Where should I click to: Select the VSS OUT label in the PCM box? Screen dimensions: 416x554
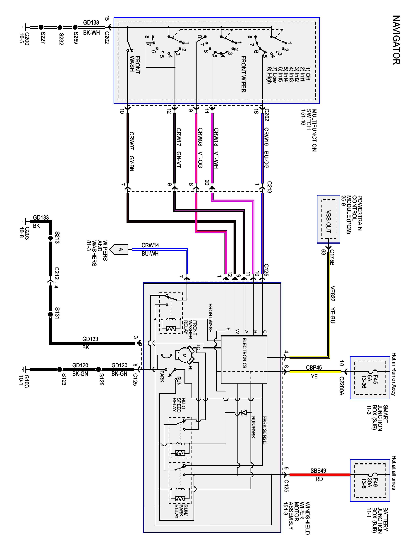click(x=328, y=221)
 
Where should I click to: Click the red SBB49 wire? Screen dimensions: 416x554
click(x=320, y=475)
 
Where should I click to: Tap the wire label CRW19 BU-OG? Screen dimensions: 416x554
click(x=266, y=148)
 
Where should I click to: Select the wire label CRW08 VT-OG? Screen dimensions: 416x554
click(x=200, y=148)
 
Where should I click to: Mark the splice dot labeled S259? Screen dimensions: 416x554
click(x=75, y=27)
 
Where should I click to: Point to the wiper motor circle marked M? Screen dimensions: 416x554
click(x=184, y=355)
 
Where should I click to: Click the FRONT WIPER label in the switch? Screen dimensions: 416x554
click(x=243, y=74)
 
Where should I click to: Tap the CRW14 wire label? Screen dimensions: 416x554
click(x=150, y=245)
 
